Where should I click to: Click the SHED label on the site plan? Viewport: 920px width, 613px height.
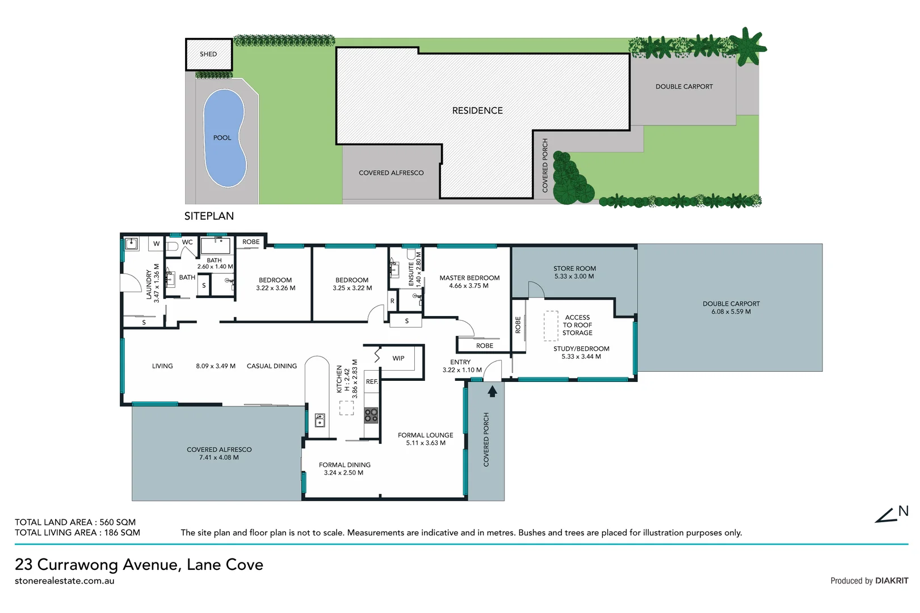pos(208,54)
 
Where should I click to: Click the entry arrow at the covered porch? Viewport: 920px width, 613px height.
pos(492,391)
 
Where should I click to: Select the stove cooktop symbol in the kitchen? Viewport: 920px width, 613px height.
pos(371,415)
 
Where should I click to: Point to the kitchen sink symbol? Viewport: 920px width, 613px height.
pos(320,420)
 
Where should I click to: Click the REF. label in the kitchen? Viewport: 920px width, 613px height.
pos(372,382)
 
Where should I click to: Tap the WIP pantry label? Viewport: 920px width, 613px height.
pos(398,359)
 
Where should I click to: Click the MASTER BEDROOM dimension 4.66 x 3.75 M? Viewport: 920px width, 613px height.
pos(469,286)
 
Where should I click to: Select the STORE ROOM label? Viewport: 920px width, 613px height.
pos(574,268)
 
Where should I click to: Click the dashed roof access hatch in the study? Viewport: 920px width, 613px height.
pos(551,325)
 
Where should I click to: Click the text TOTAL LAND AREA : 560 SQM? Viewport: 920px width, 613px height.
pos(75,522)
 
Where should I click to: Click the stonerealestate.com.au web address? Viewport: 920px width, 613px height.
pos(64,581)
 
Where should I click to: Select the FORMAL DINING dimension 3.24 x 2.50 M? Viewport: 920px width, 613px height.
pos(343,473)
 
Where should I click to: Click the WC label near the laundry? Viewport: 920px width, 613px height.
pos(187,242)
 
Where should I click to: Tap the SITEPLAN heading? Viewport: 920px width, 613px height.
pos(209,216)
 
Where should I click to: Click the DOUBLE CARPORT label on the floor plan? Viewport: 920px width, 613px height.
pos(731,304)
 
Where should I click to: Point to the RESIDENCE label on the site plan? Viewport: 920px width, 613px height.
pos(477,111)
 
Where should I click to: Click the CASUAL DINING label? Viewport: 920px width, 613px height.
pos(272,366)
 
